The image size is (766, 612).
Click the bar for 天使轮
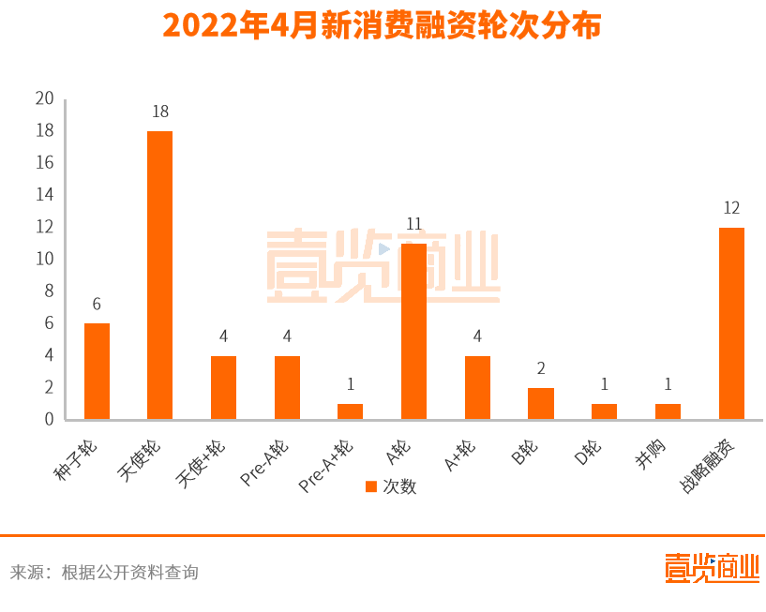pyautogui.click(x=160, y=275)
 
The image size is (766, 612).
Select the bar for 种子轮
pyautogui.click(x=97, y=371)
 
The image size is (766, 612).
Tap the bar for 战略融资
pyautogui.click(x=731, y=323)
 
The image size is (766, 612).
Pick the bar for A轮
pyautogui.click(x=413, y=331)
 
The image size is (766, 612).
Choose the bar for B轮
pyautogui.click(x=541, y=404)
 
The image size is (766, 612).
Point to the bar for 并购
pyautogui.click(x=668, y=411)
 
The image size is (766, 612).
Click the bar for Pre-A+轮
pyautogui.click(x=350, y=411)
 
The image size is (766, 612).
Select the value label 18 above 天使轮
pyautogui.click(x=160, y=112)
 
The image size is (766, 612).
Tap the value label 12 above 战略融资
pyautogui.click(x=731, y=208)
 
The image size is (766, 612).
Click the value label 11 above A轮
pyautogui.click(x=413, y=224)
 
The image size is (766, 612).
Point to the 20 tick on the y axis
pyautogui.click(x=44, y=98)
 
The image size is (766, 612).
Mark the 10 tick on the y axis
pyautogui.click(x=44, y=259)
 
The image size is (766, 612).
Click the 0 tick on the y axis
pyautogui.click(x=49, y=419)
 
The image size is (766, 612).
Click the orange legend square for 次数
pyautogui.click(x=370, y=486)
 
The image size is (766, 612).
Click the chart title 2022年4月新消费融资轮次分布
pyautogui.click(x=383, y=25)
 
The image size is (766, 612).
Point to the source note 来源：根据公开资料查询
pyautogui.click(x=104, y=572)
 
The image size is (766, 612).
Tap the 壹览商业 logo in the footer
pyautogui.click(x=712, y=569)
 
